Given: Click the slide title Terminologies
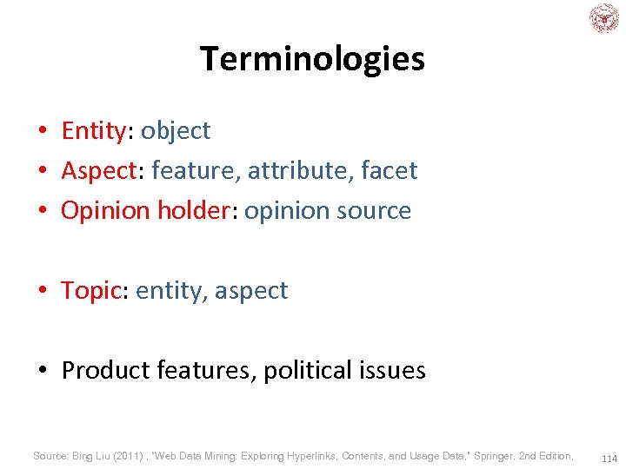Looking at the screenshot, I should pos(312,59).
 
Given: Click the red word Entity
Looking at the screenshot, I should pos(94,130).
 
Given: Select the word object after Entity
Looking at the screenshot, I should pos(176,130).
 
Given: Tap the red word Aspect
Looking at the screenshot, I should pos(99,170).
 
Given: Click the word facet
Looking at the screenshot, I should pos(389,170).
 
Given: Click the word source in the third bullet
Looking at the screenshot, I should pos(376,210).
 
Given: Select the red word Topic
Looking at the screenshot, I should pos(90,290).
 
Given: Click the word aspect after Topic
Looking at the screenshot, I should pos(250,290).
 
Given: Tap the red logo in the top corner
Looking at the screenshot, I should pos(604,18).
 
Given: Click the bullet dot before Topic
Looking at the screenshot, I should pos(43,291).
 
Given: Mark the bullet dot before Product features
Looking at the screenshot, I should pos(43,371).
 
